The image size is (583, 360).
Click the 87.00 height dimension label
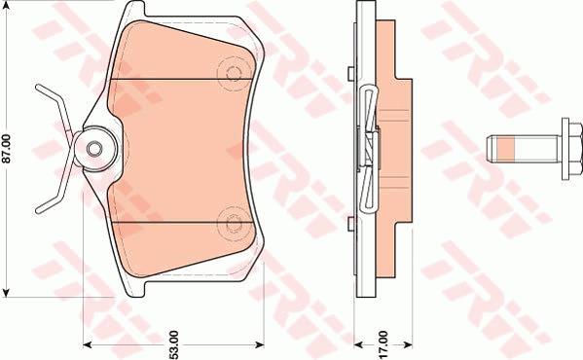click(x=7, y=149)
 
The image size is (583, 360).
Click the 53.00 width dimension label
click(x=174, y=344)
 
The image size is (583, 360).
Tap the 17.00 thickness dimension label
click(x=383, y=344)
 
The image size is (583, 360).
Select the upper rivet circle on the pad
click(x=234, y=72)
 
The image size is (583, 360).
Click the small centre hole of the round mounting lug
click(x=94, y=149)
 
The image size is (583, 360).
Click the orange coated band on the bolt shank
click(x=506, y=149)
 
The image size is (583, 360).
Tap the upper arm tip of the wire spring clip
click(x=38, y=87)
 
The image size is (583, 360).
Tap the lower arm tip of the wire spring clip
click(x=38, y=211)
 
